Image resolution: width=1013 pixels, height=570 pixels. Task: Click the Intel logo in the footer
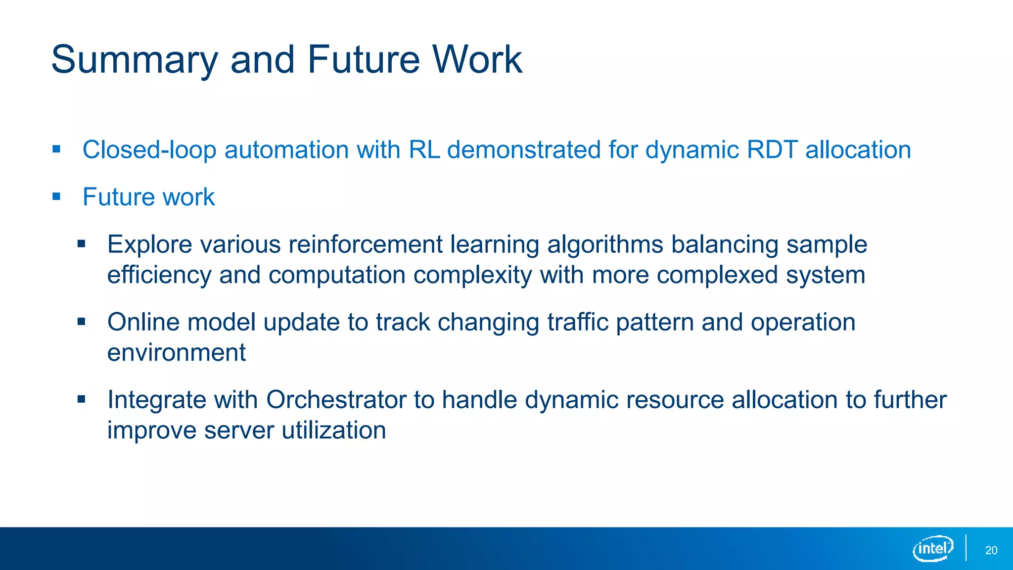click(x=932, y=548)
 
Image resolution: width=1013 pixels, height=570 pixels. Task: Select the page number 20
click(x=991, y=550)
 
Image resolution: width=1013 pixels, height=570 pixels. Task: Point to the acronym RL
click(x=424, y=150)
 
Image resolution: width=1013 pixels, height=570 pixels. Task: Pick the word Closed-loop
click(x=149, y=150)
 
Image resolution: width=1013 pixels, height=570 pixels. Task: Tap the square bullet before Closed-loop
click(x=56, y=149)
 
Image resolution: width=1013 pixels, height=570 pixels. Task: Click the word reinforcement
click(x=366, y=244)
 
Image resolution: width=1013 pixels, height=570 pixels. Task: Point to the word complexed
click(x=717, y=275)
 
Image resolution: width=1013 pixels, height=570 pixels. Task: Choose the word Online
click(x=143, y=322)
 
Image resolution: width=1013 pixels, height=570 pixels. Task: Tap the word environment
click(x=177, y=353)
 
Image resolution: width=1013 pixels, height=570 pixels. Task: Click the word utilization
click(x=334, y=430)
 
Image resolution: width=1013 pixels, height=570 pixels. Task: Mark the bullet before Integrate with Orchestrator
click(x=82, y=399)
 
